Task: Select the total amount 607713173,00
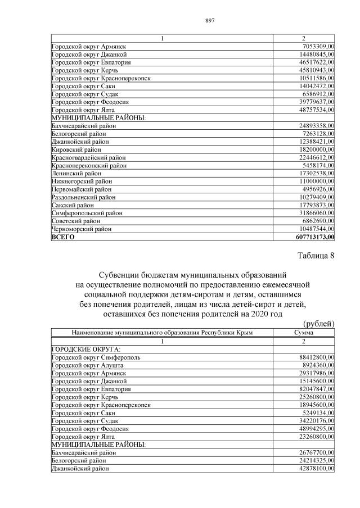[x=311, y=238]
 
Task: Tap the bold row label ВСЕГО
[x=63, y=238]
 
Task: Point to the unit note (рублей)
[x=318, y=324]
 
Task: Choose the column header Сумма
[x=304, y=333]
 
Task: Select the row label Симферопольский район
[x=86, y=214]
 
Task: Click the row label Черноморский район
[x=83, y=229]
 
